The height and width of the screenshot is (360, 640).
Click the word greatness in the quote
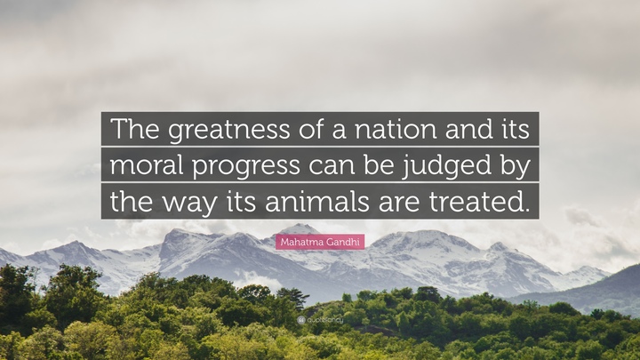pyautogui.click(x=229, y=130)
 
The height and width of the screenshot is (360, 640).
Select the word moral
pyautogui.click(x=147, y=164)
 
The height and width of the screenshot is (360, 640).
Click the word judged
pyautogui.click(x=446, y=166)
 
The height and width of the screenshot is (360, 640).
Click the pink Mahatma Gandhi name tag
pyautogui.click(x=320, y=242)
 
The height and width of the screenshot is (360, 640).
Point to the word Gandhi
pyautogui.click(x=342, y=242)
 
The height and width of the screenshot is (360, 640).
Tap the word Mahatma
pyautogui.click(x=301, y=242)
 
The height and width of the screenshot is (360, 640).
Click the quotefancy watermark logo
pyautogui.click(x=320, y=320)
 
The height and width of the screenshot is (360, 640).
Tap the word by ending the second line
pyautogui.click(x=515, y=166)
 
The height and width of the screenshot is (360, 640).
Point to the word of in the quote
pyautogui.click(x=312, y=129)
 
